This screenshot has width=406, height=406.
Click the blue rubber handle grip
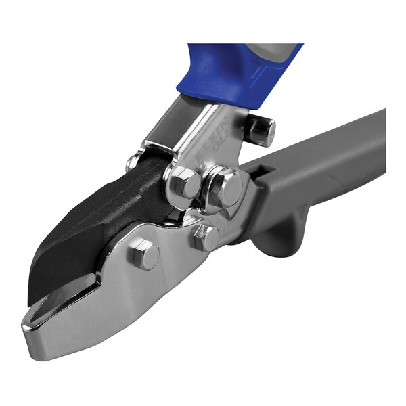pyautogui.click(x=223, y=74)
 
